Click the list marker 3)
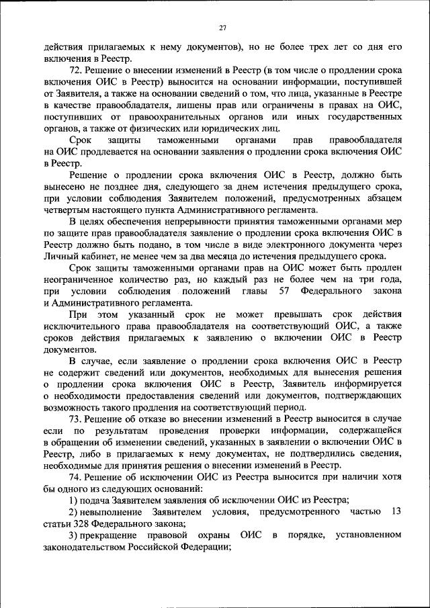point(73,535)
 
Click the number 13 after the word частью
point(396,512)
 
